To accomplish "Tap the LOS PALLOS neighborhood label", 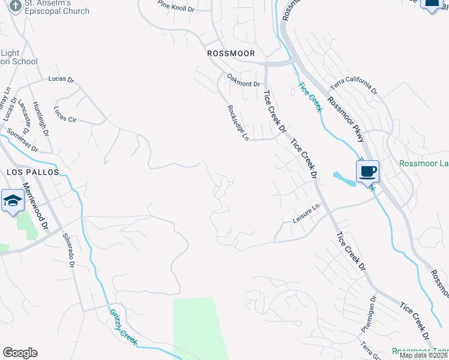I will coord(33,172).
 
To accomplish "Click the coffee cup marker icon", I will coord(367,172).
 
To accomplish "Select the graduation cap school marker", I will coord(11,201).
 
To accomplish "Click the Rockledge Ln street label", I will coord(238,123).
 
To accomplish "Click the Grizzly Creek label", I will coord(123,327).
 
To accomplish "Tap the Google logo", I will coord(20,353).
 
